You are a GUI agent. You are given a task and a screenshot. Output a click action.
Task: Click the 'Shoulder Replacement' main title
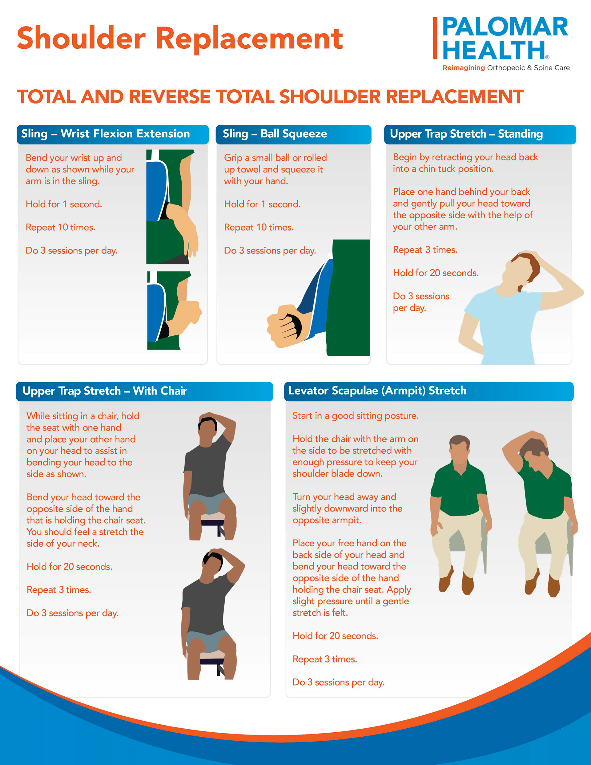pyautogui.click(x=180, y=38)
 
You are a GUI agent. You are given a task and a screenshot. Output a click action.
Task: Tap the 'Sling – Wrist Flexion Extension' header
pyautogui.click(x=105, y=134)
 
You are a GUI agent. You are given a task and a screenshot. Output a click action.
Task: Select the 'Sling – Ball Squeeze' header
pyautogui.click(x=275, y=134)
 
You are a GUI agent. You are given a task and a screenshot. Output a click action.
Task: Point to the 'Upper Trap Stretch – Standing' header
pyautogui.click(x=466, y=134)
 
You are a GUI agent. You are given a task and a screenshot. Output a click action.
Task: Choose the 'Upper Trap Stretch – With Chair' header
pyautogui.click(x=105, y=391)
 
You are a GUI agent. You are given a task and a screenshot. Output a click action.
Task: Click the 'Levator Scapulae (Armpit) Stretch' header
pyautogui.click(x=377, y=391)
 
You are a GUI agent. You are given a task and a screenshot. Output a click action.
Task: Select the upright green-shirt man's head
pyautogui.click(x=460, y=449)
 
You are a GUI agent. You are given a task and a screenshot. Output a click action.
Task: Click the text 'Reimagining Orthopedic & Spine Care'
pyautogui.click(x=506, y=68)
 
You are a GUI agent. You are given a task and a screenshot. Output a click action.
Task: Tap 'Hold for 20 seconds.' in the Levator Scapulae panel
pyautogui.click(x=336, y=636)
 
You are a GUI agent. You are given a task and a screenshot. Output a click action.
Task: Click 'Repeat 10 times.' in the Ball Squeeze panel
pyautogui.click(x=259, y=227)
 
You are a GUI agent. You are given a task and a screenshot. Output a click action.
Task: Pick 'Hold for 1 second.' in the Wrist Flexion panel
pyautogui.click(x=64, y=204)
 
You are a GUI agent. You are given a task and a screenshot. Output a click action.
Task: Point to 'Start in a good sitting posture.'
pyautogui.click(x=356, y=416)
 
